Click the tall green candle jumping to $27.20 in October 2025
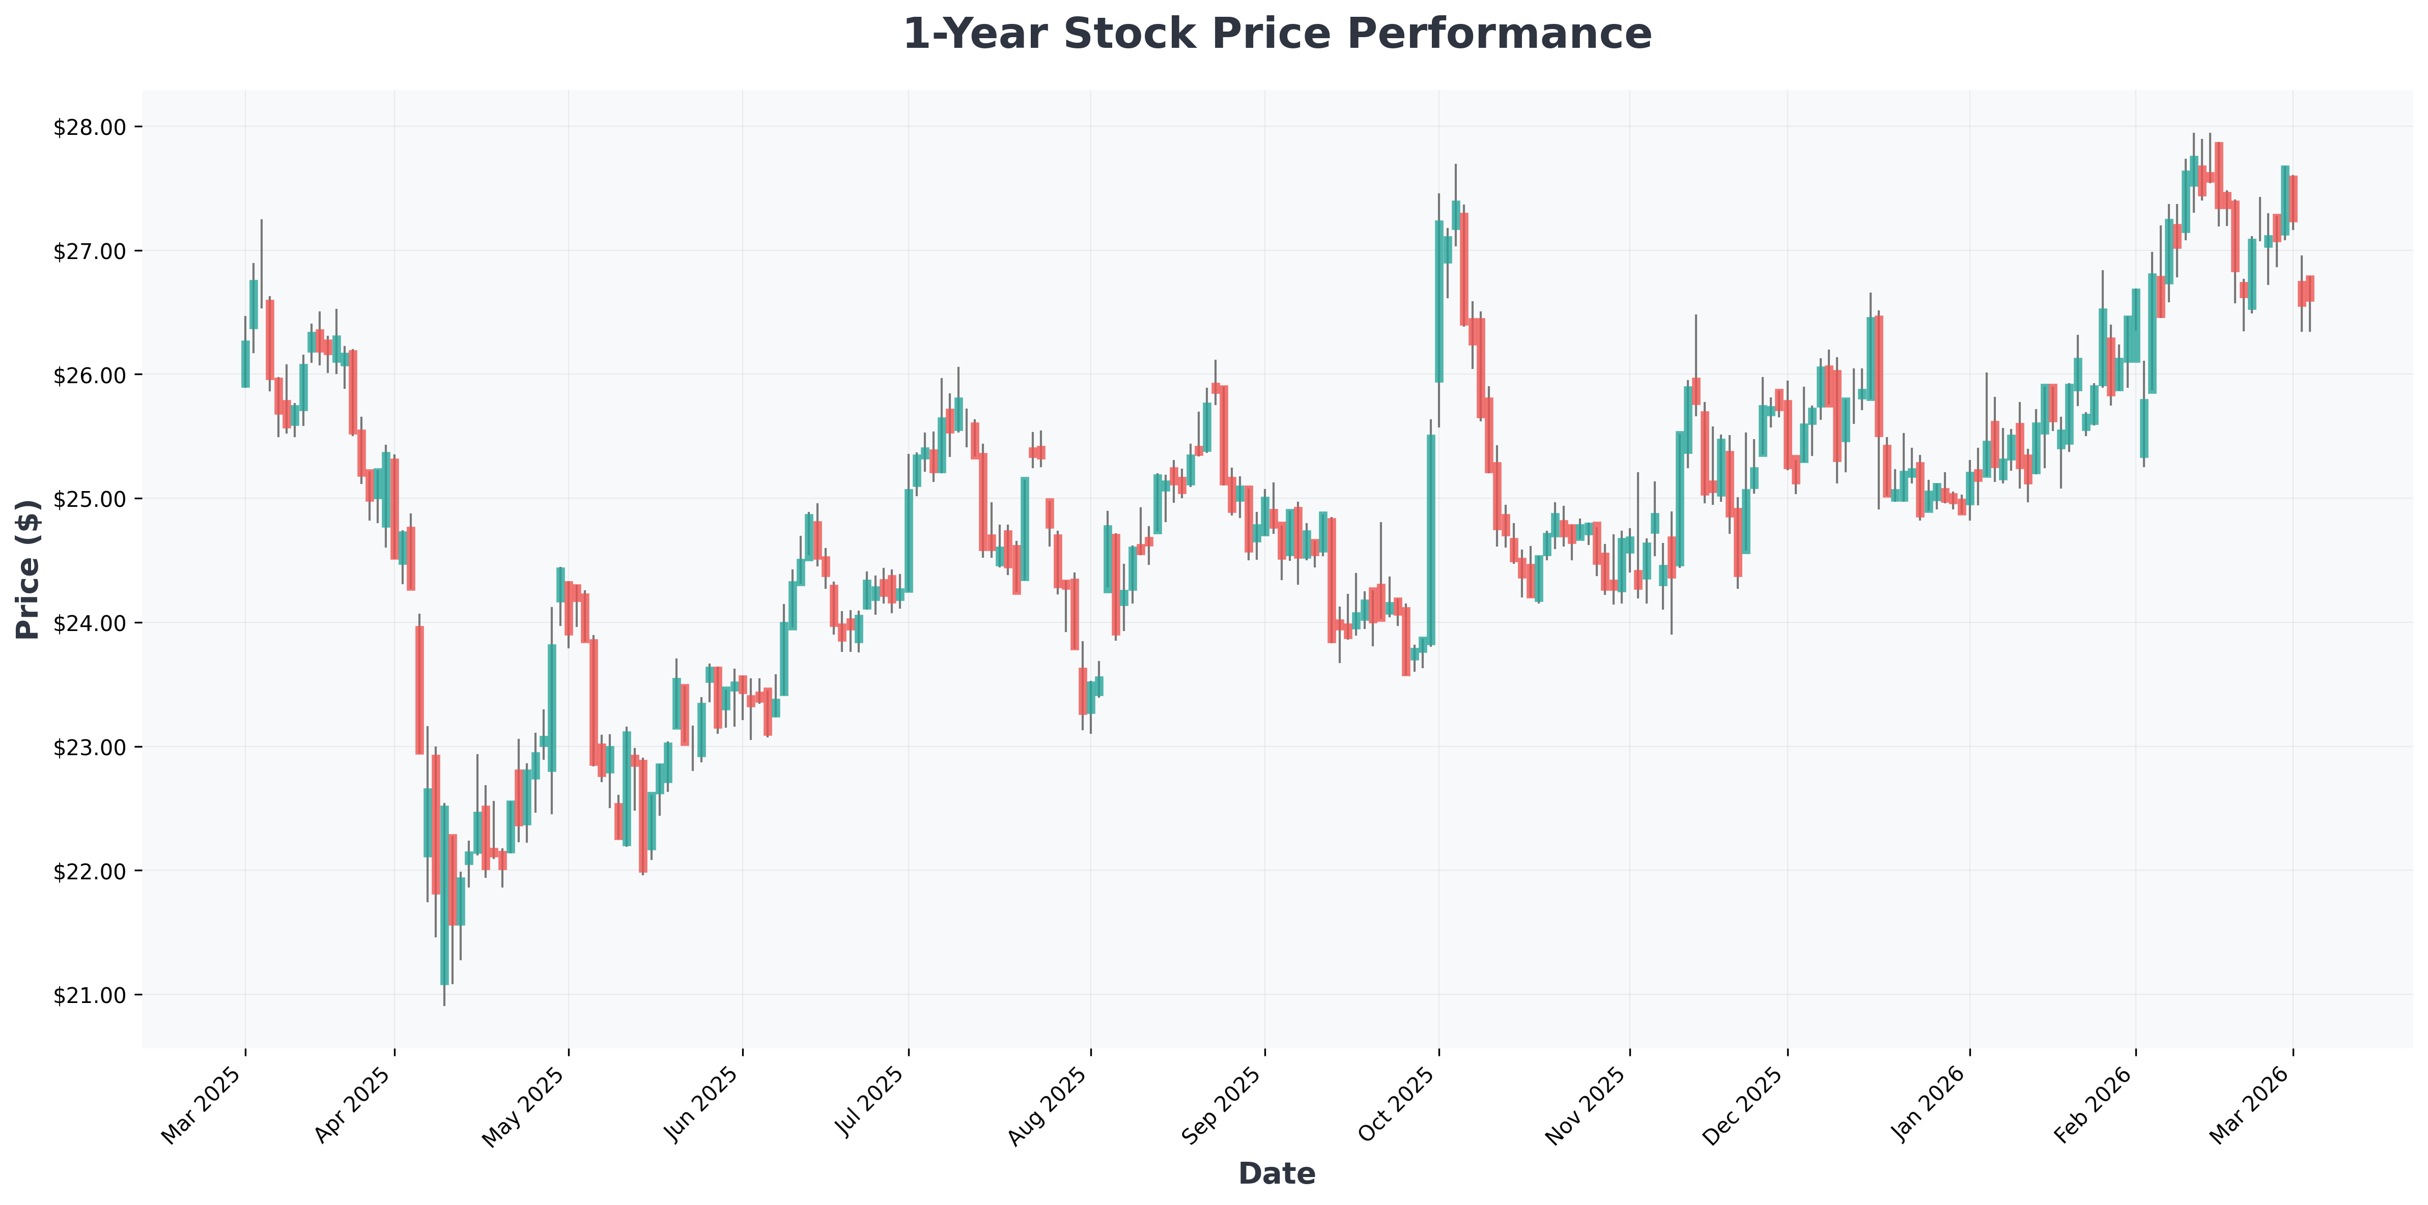(1439, 301)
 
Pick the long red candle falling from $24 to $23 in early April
(419, 690)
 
